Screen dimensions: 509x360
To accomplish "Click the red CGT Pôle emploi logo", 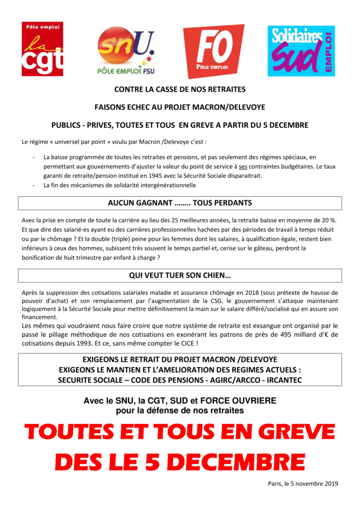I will point(42,48).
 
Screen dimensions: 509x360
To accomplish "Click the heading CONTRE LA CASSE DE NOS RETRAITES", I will point(180,90).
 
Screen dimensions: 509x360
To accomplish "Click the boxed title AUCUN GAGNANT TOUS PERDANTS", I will point(180,203).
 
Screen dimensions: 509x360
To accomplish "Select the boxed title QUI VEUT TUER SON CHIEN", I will point(180,275).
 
